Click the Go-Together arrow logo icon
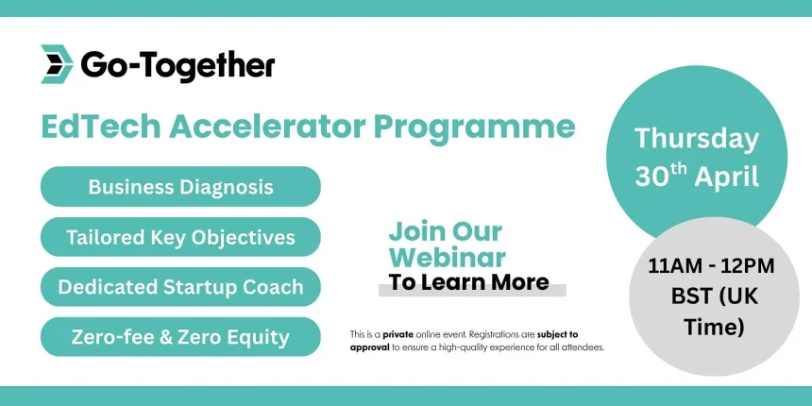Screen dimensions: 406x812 tap(57, 64)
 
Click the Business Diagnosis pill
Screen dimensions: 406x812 tap(180, 186)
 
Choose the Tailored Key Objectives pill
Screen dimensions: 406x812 tap(180, 237)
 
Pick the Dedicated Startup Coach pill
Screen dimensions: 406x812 tap(180, 287)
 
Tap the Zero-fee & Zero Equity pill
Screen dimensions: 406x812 tap(180, 336)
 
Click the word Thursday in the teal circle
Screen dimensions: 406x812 tap(697, 139)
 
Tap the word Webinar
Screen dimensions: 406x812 tap(447, 257)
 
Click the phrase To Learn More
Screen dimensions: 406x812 tap(468, 282)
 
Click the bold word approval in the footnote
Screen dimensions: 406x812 tap(368, 347)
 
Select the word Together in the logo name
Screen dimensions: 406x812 tap(215, 65)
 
